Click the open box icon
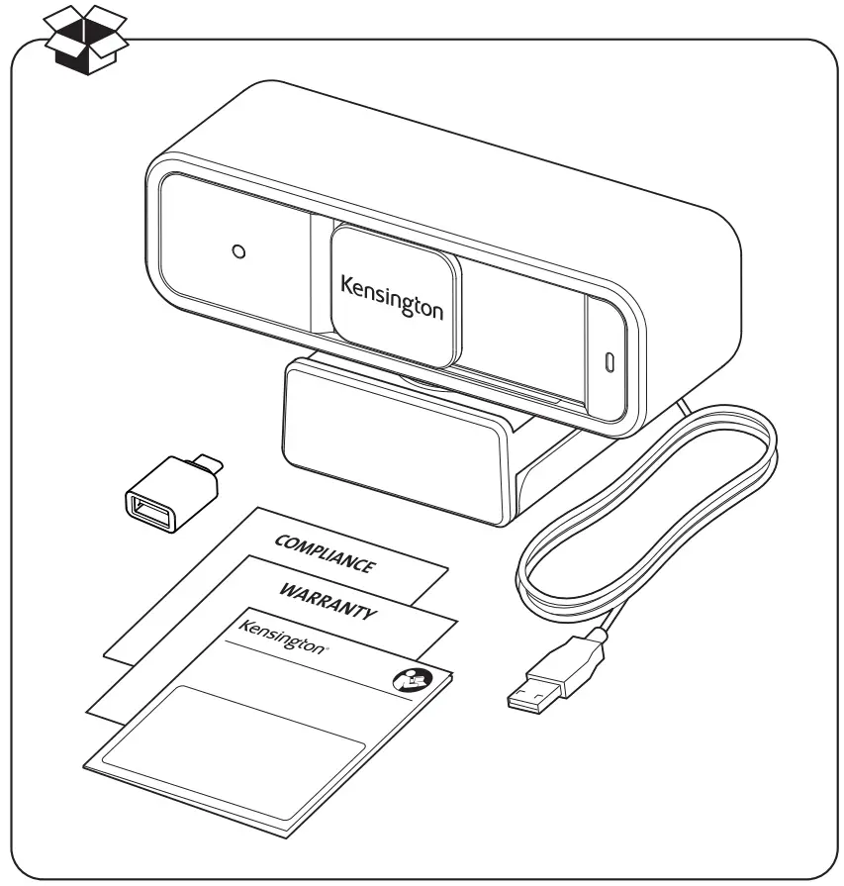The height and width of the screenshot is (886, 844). tap(86, 40)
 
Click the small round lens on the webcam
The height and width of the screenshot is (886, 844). tap(237, 251)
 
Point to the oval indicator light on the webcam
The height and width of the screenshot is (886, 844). tap(609, 361)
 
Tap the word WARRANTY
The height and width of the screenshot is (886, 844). tap(327, 600)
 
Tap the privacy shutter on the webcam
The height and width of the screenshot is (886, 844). tap(394, 282)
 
